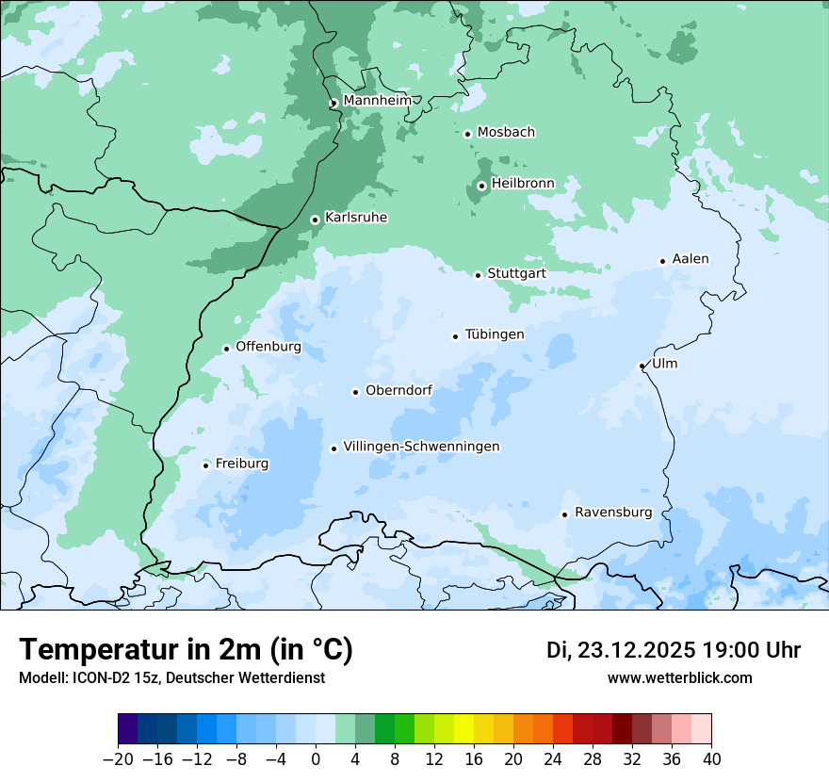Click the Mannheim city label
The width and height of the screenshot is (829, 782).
click(377, 101)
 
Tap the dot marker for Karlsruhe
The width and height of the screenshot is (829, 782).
click(316, 220)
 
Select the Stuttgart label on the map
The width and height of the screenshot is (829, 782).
click(516, 273)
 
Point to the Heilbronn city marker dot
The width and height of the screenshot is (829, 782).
click(481, 186)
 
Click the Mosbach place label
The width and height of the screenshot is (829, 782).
click(506, 133)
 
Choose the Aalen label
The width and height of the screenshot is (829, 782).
click(691, 259)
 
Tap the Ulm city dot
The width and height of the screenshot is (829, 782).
click(642, 366)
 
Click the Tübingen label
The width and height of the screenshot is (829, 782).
click(495, 334)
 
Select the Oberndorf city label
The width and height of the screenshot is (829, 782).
click(398, 390)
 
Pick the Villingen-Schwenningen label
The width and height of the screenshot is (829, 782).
click(421, 447)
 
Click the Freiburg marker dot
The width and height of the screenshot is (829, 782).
click(205, 465)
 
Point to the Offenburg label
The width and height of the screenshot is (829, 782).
click(268, 347)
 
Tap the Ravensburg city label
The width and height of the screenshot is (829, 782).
click(613, 513)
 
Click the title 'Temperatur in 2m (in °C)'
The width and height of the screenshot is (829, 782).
click(186, 650)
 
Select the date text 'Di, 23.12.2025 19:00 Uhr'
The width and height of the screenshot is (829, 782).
click(674, 650)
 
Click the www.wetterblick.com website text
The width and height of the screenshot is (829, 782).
click(680, 677)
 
